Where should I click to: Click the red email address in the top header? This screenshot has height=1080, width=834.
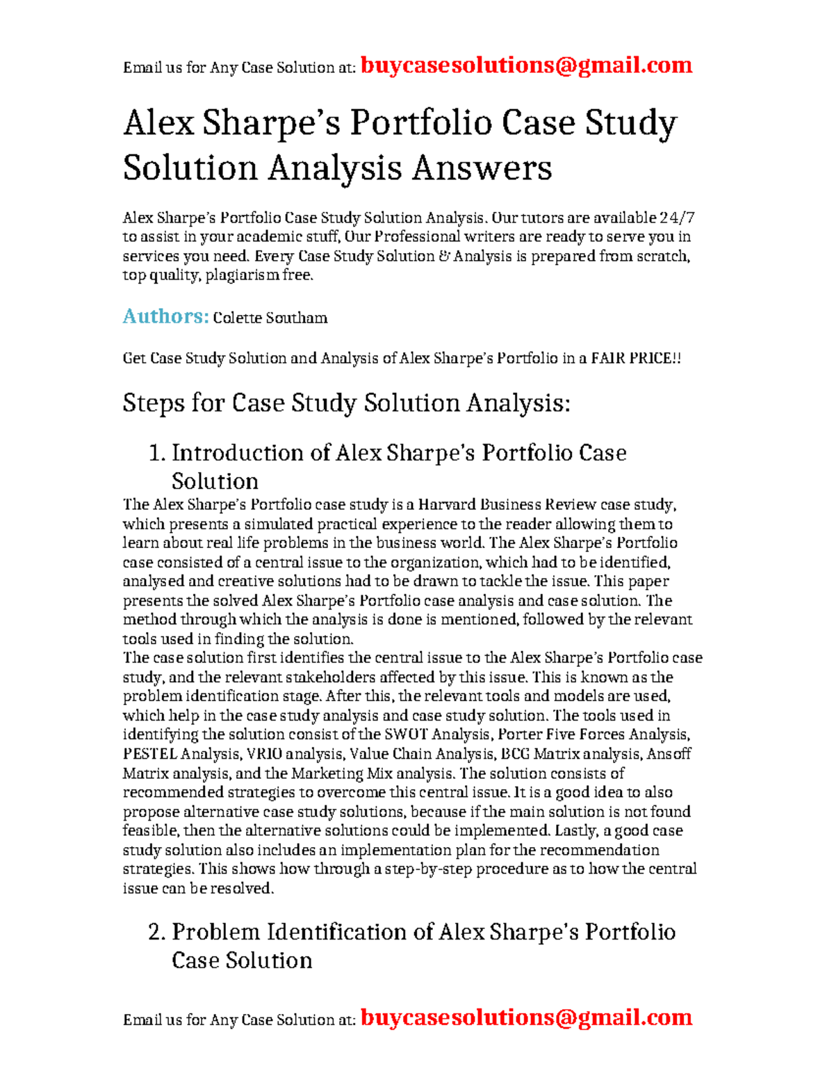pyautogui.click(x=526, y=65)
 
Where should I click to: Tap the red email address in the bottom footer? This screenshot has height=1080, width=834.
pyautogui.click(x=526, y=1017)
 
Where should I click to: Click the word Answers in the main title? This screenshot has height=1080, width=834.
pyautogui.click(x=482, y=168)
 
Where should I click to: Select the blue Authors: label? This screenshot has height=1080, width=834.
pyautogui.click(x=165, y=316)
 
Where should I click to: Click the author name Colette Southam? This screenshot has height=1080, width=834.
pyautogui.click(x=270, y=318)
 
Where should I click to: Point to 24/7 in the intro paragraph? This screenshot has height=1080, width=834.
pyautogui.click(x=677, y=218)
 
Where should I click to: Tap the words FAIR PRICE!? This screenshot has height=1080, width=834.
pyautogui.click(x=636, y=358)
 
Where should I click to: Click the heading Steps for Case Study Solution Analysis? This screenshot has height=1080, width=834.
pyautogui.click(x=346, y=403)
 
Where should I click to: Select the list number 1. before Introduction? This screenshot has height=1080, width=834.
pyautogui.click(x=157, y=453)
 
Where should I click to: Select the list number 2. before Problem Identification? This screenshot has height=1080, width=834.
pyautogui.click(x=157, y=933)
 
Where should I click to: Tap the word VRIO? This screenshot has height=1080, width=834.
pyautogui.click(x=264, y=754)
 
